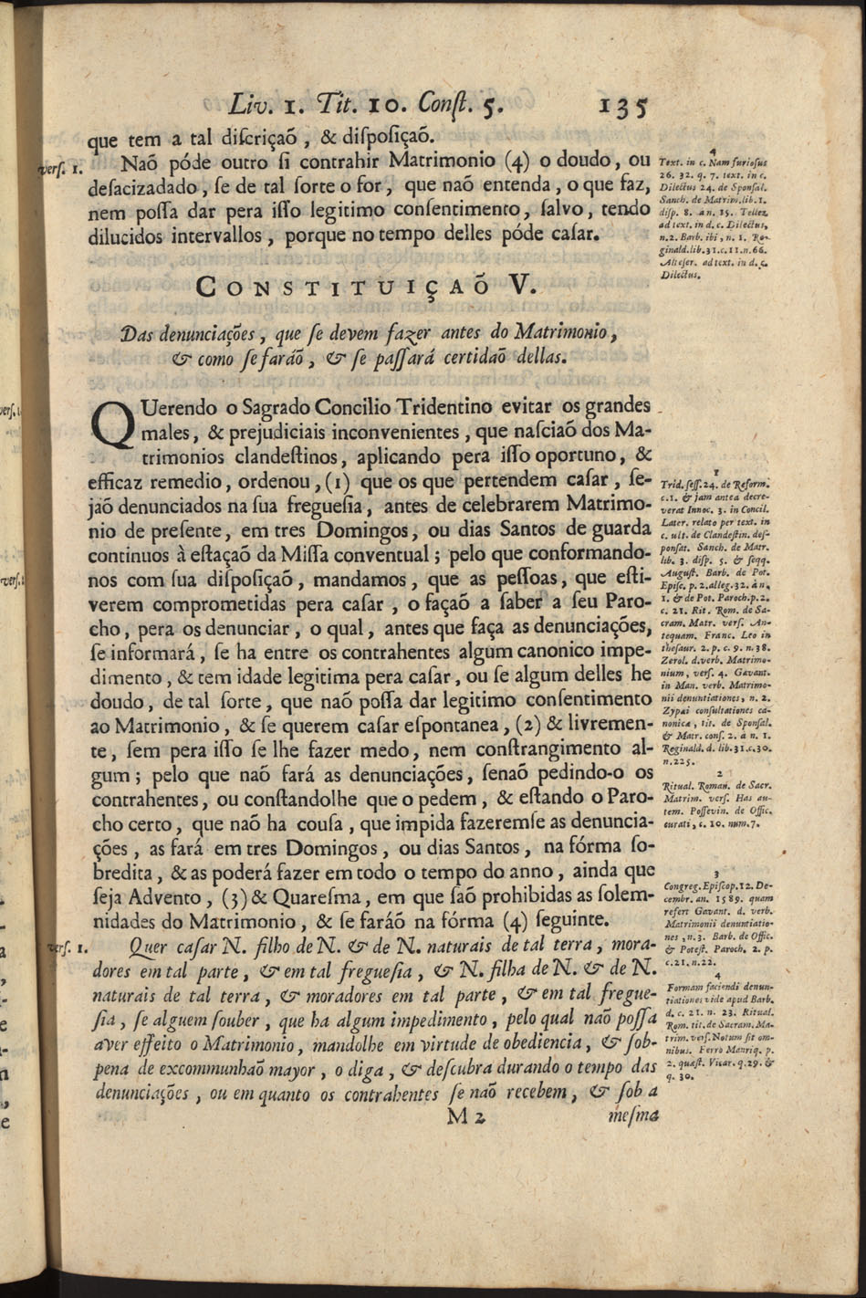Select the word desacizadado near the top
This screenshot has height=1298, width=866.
pyautogui.click(x=148, y=187)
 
